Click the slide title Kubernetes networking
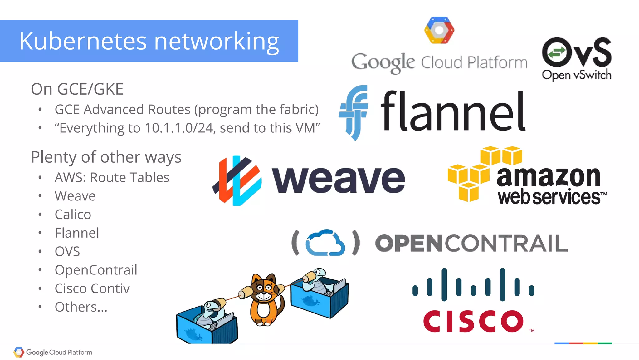(x=149, y=41)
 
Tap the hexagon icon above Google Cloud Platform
(x=439, y=30)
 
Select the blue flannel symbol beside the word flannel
(x=354, y=112)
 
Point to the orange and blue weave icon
(x=237, y=180)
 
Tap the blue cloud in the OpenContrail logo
(x=325, y=243)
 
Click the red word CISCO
(x=473, y=321)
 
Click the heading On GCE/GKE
(x=77, y=89)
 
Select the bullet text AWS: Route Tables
(x=112, y=177)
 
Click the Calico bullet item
(x=73, y=215)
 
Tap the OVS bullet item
(x=67, y=251)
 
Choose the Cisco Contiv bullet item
(x=92, y=288)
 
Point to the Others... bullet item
(x=81, y=307)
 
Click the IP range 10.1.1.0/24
(x=179, y=128)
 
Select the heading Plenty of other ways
(x=106, y=157)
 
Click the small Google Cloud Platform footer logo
(x=53, y=352)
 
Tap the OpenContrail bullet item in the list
(x=96, y=270)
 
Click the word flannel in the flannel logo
(x=453, y=111)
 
